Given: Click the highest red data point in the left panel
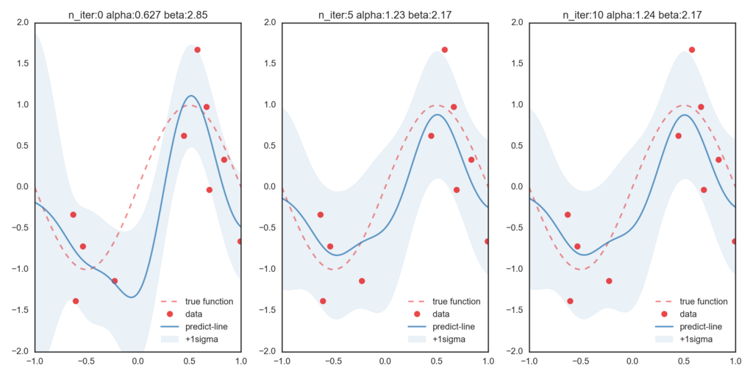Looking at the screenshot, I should pos(197,49).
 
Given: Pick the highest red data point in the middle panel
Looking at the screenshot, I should pos(444,49).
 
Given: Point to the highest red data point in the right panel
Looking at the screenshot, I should pos(691,49).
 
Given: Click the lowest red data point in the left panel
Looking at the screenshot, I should pos(76,301).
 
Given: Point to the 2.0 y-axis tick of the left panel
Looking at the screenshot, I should pos(22,23).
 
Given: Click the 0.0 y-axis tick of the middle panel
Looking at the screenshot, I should pos(269,186).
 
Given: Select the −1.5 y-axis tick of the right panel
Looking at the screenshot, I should pos(515,310).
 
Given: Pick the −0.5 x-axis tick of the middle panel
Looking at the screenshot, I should pos(332,361).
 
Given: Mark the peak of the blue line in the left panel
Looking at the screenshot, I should pos(191,96).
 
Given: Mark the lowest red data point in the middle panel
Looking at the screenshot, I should pos(323,301).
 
